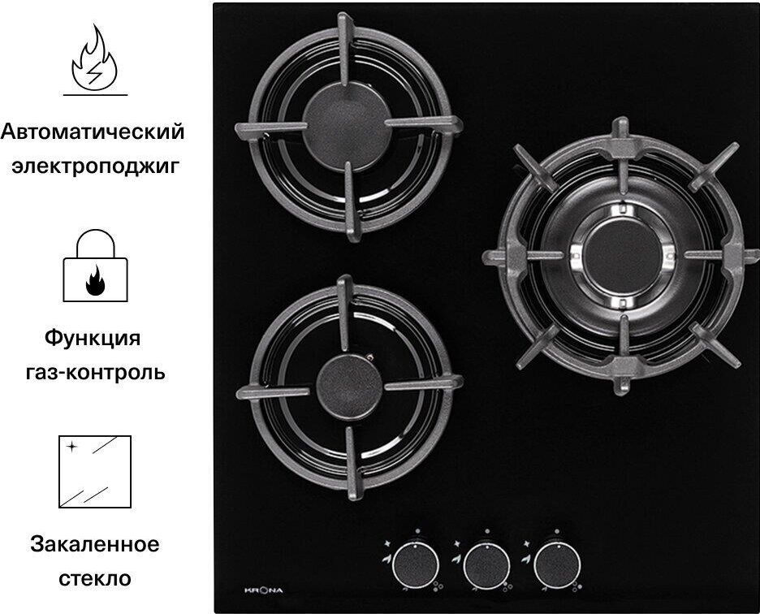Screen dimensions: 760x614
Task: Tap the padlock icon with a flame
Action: (x=96, y=266)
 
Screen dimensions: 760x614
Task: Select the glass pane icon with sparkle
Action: (x=95, y=471)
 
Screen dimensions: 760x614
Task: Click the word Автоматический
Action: (x=93, y=132)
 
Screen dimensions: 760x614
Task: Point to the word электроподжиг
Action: (x=95, y=166)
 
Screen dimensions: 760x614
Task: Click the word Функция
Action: (x=93, y=338)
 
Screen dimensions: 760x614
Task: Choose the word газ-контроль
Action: (x=95, y=373)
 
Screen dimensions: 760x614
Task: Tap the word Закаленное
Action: (x=94, y=544)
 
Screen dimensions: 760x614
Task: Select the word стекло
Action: (x=95, y=578)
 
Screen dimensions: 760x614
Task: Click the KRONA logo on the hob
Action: (x=263, y=590)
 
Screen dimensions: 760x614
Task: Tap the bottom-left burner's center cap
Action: (x=349, y=387)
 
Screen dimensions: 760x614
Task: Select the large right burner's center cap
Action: (x=622, y=256)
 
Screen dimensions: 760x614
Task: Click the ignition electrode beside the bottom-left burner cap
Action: (x=370, y=358)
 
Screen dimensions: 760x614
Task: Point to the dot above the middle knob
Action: (x=486, y=531)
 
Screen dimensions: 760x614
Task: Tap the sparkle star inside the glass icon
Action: (x=71, y=446)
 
